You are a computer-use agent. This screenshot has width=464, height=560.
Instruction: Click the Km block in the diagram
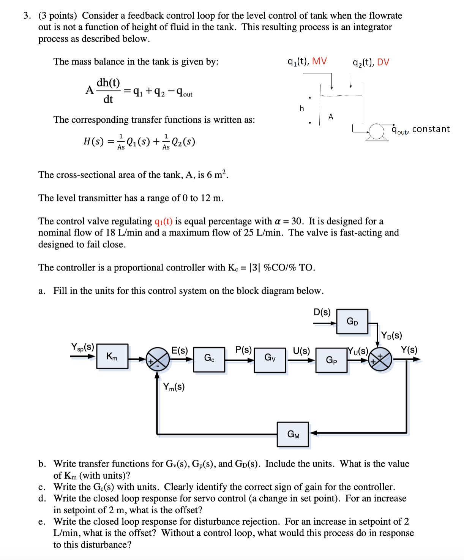112,356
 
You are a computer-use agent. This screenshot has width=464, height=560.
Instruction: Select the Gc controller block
209,358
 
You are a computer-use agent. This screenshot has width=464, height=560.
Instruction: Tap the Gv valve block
270,358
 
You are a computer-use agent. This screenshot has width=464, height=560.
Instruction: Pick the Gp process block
331,360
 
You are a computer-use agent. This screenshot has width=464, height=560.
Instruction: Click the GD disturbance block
352,322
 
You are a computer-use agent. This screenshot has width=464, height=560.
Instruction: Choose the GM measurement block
293,434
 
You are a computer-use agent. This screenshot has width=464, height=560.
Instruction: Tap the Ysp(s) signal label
82,347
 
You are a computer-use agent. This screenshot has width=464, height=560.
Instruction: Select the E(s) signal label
179,350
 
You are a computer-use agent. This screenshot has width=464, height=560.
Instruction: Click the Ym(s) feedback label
174,387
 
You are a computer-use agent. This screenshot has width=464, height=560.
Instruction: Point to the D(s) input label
322,312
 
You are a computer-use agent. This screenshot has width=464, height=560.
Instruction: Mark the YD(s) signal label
391,335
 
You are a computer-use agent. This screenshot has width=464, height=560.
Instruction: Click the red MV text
319,61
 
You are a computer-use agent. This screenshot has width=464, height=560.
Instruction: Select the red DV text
383,62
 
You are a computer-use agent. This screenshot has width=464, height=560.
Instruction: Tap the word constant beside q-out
431,129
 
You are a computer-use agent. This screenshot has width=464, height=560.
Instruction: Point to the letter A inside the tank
331,117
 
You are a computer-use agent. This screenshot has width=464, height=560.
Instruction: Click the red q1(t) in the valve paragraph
163,221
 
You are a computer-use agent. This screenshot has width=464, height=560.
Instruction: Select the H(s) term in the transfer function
93,142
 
